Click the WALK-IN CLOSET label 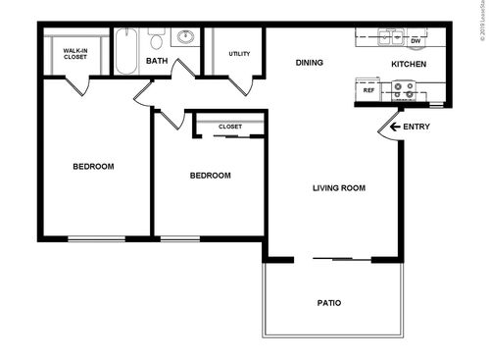(74, 53)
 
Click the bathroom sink (184, 39)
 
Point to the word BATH (157, 62)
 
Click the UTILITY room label (239, 54)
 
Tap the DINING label (310, 63)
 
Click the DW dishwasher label (416, 40)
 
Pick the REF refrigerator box (369, 90)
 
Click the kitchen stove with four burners (404, 91)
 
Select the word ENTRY (416, 127)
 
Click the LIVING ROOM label (339, 187)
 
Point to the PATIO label (329, 302)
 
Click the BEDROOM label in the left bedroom (94, 167)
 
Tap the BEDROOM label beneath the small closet (210, 176)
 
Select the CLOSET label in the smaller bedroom (230, 127)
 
